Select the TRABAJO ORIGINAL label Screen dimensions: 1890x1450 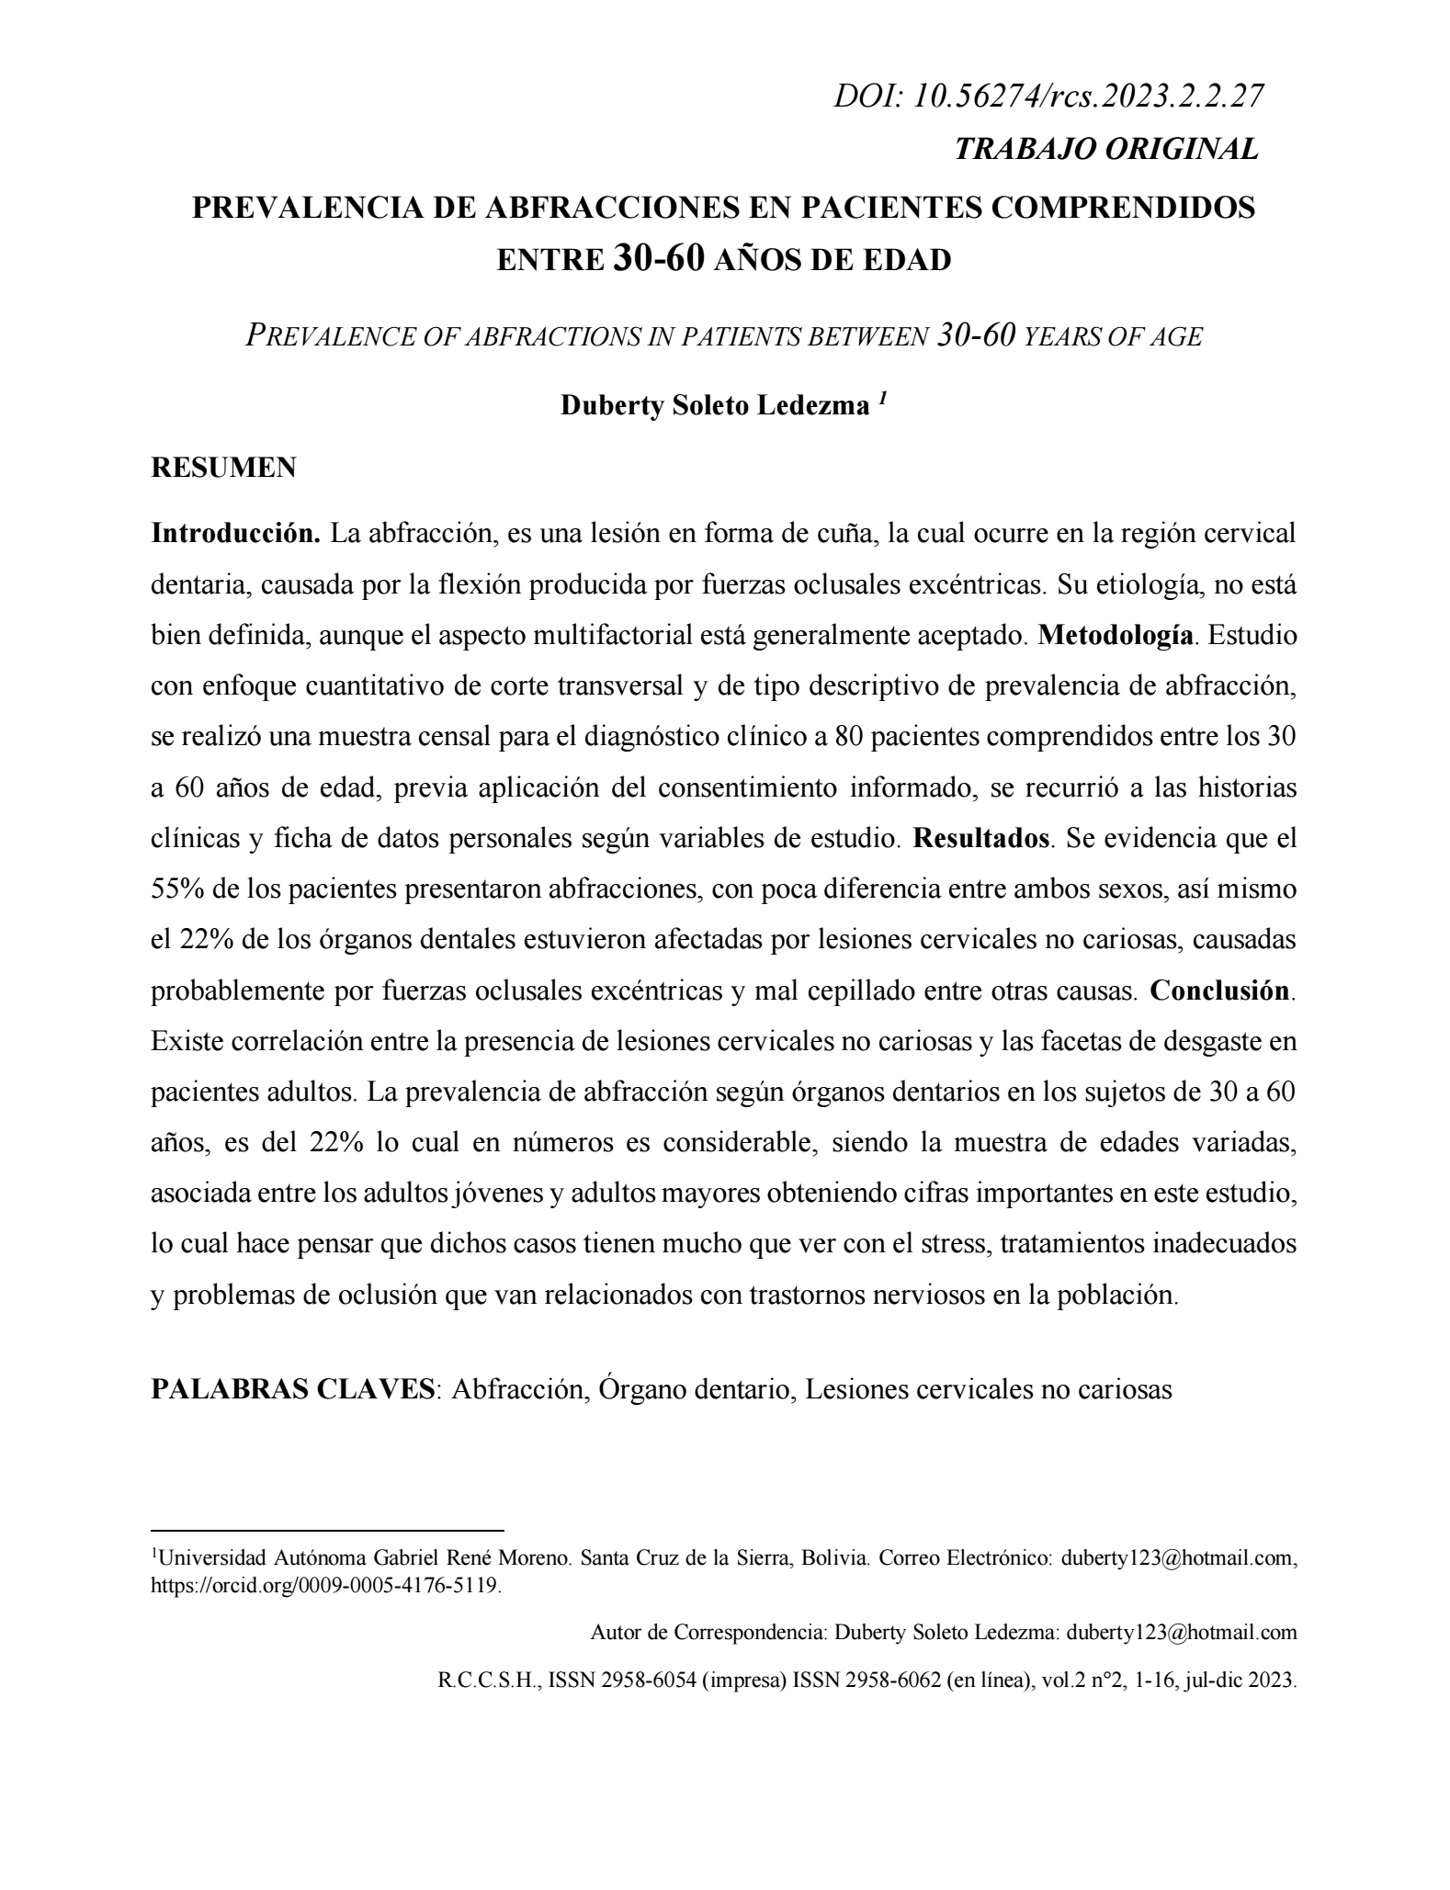(x=1106, y=149)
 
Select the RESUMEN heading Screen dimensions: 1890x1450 (x=223, y=468)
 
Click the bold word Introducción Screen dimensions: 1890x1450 (x=235, y=534)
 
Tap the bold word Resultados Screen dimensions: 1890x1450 (x=980, y=839)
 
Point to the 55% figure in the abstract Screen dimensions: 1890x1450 (x=175, y=889)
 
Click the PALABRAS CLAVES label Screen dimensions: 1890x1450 (x=293, y=1388)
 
